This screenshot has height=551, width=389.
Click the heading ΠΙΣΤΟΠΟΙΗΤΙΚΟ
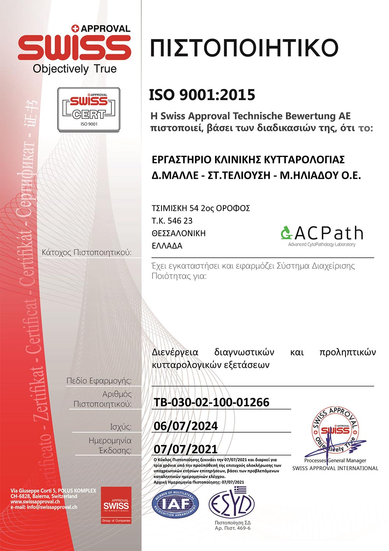244,48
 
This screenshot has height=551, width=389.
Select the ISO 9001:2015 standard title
202,95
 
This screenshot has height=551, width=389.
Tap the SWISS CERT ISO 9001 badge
89,109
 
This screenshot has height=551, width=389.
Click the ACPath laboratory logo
322,235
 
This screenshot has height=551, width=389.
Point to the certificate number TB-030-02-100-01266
211,402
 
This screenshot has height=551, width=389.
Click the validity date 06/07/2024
186,426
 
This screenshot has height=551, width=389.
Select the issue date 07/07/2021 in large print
186,449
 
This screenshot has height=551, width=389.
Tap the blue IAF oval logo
175,504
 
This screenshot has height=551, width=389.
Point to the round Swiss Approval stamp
335,431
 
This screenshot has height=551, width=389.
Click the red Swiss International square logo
116,505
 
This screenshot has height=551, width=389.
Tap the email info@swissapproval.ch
44,507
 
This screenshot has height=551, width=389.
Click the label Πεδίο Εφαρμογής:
99,381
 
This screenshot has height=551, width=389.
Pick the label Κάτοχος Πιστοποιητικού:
86,253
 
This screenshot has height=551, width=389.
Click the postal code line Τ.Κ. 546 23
172,221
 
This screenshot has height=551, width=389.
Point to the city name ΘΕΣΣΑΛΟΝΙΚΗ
179,233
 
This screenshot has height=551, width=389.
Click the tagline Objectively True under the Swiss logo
75,69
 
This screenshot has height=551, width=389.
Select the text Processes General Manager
335,461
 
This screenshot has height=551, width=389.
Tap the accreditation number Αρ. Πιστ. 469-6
233,528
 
